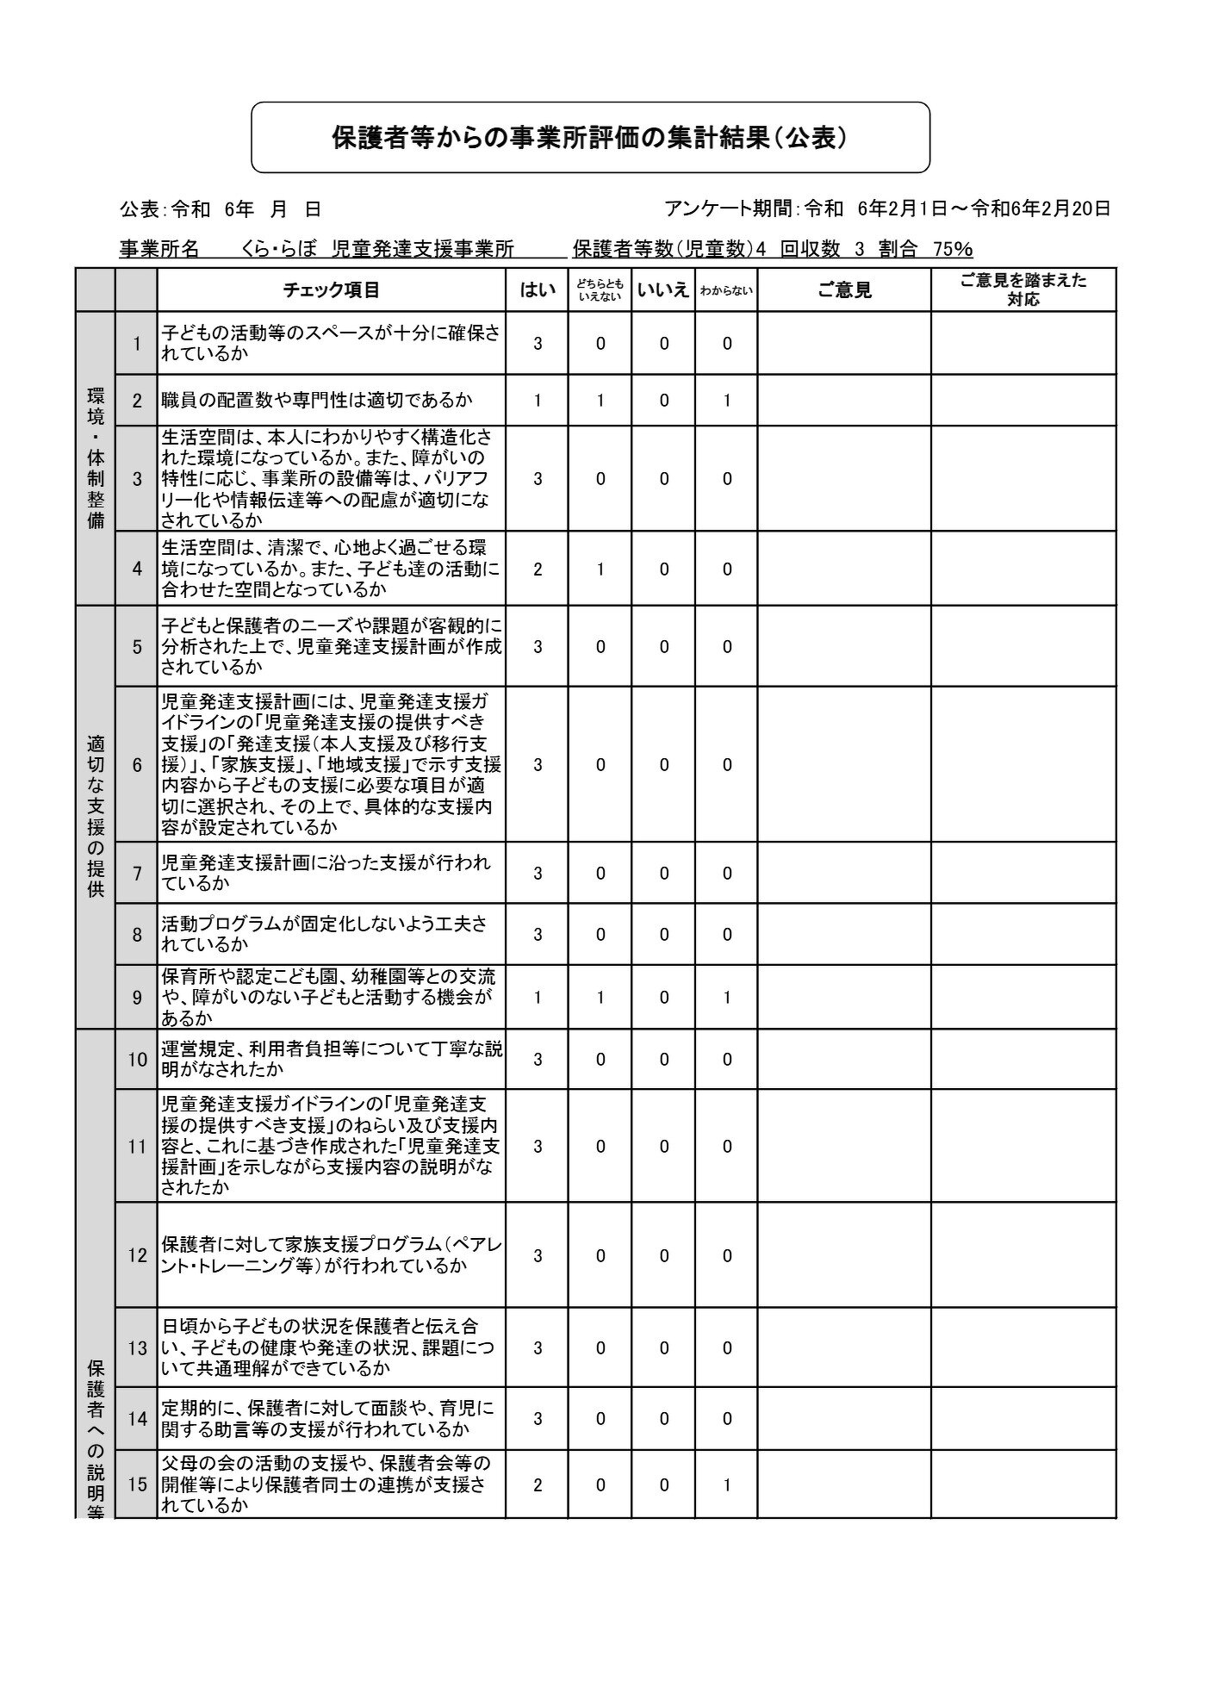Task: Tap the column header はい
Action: click(537, 290)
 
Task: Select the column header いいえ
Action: click(663, 290)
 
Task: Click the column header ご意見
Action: click(844, 290)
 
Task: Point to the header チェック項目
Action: click(332, 290)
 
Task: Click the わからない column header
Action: click(726, 291)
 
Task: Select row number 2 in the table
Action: click(137, 401)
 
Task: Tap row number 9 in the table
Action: click(137, 997)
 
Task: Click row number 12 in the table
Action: click(137, 1255)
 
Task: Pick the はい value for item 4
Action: click(538, 569)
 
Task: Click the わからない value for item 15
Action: click(727, 1484)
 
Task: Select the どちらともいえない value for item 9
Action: click(600, 997)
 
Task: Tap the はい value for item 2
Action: click(538, 401)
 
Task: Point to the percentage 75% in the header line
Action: click(953, 250)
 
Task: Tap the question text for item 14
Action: click(327, 1419)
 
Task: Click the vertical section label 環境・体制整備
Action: click(96, 458)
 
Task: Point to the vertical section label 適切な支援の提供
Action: click(96, 816)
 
